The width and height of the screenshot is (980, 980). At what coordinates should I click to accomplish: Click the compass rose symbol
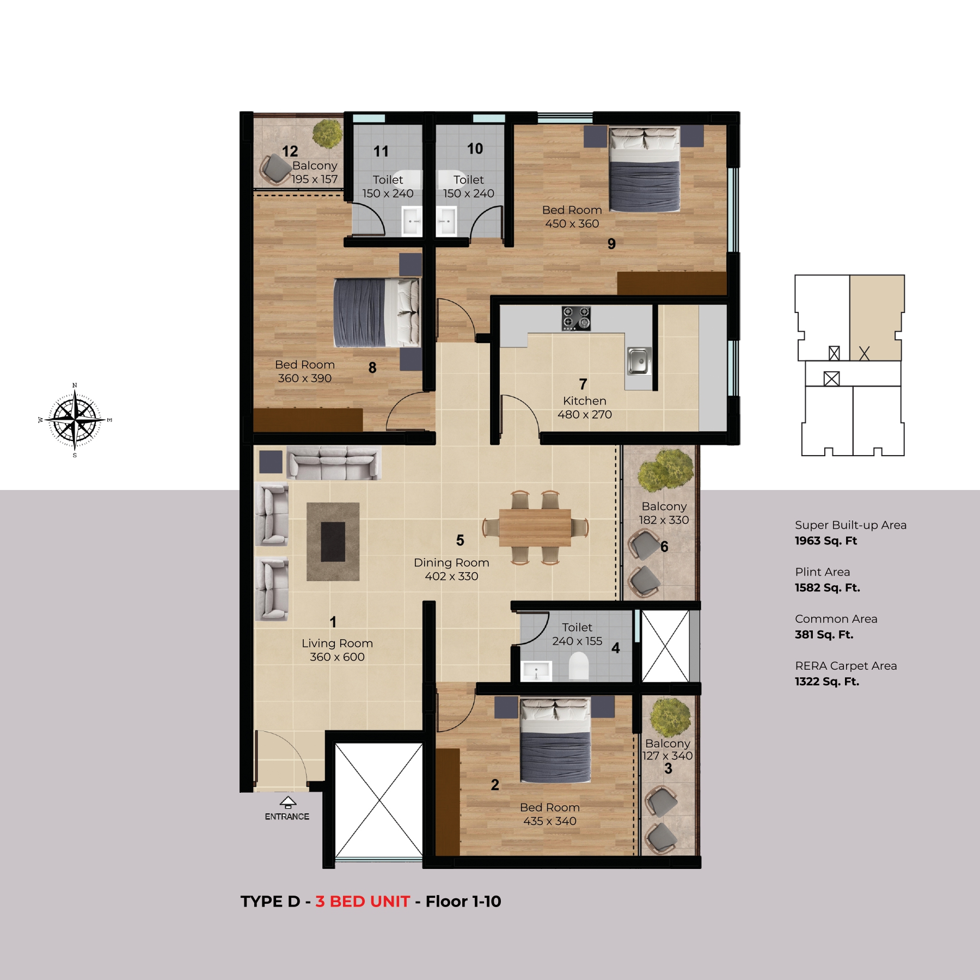point(75,420)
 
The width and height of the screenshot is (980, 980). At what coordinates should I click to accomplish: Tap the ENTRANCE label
point(287,817)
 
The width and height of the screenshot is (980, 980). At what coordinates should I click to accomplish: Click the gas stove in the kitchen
point(577,318)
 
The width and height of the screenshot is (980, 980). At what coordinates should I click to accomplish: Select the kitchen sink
point(639,361)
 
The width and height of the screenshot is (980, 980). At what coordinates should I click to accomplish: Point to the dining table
point(535,528)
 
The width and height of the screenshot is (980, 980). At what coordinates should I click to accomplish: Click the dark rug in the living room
point(333,542)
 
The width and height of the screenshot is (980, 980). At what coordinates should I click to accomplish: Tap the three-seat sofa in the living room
point(333,463)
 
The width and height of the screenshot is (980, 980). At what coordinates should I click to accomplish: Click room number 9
point(611,244)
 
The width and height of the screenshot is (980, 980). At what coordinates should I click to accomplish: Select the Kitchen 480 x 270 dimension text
point(585,408)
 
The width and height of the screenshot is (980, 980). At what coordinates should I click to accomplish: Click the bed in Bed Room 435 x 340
point(555,740)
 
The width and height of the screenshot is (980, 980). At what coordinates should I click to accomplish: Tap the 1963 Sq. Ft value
point(826,541)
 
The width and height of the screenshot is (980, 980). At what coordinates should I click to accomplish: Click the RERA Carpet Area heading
point(846,665)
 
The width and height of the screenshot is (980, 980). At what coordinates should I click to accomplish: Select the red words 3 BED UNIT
point(363,902)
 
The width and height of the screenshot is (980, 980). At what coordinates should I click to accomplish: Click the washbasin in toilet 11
point(412,221)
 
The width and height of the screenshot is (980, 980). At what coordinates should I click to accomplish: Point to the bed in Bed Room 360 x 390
point(377,313)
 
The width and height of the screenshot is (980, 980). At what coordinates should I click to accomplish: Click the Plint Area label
point(822,572)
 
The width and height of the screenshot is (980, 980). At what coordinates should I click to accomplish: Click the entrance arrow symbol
point(287,802)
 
